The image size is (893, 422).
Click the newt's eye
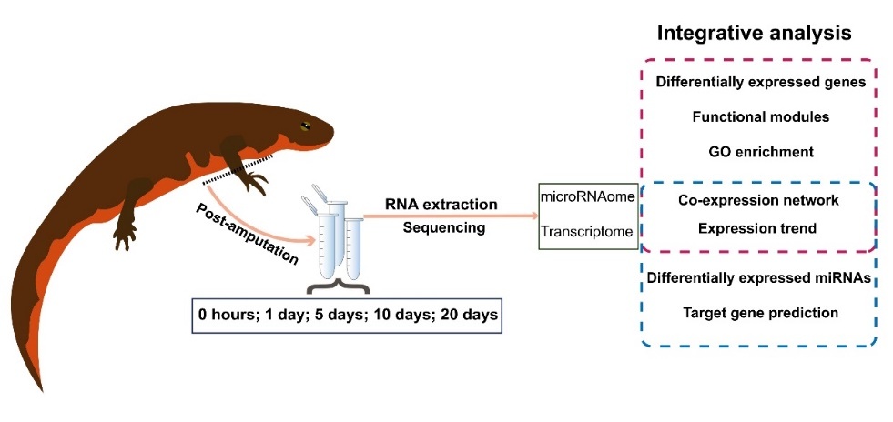coord(306,126)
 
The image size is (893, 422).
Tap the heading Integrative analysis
coord(754,34)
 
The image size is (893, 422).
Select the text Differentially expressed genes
coord(760,82)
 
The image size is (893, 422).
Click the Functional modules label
coord(760,116)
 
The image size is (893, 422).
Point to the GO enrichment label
coord(760,150)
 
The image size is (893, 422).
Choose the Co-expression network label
coord(760,200)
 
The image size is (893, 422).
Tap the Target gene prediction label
coord(760,313)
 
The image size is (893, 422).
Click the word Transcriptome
coord(586,233)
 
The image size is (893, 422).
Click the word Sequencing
coord(444,227)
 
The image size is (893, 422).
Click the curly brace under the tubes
coord(340,288)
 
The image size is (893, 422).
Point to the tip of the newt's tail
coord(41,389)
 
